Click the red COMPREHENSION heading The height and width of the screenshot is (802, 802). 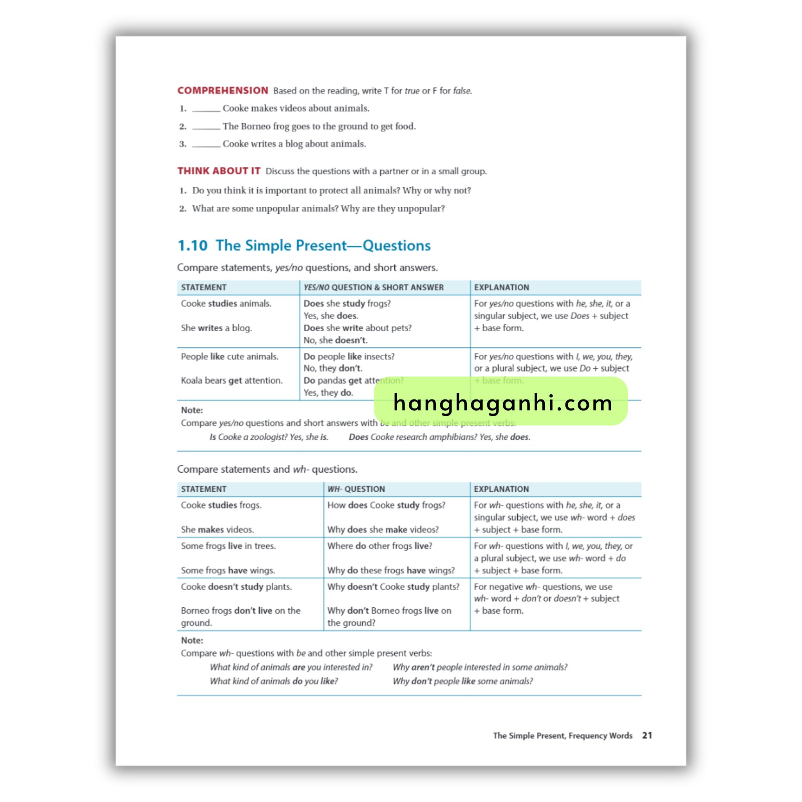[x=222, y=90]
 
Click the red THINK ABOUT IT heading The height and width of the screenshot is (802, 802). [x=219, y=171]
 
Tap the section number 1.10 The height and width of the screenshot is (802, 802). [x=192, y=245]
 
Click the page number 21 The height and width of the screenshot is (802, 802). [x=647, y=735]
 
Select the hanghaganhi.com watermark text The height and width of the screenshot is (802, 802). [x=502, y=403]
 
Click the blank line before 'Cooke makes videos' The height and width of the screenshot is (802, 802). [x=206, y=109]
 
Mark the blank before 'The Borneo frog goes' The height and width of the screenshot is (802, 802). [x=206, y=126]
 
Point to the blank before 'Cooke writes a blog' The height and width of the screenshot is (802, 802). [x=206, y=145]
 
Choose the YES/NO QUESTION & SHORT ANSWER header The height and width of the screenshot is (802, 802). [x=373, y=287]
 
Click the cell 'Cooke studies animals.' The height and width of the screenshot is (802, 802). [x=226, y=303]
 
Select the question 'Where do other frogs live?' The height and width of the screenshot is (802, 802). [x=379, y=546]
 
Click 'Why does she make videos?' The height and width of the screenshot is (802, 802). [x=383, y=529]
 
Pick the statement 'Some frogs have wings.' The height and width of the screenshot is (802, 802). [x=228, y=570]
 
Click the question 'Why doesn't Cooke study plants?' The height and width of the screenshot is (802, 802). [x=393, y=587]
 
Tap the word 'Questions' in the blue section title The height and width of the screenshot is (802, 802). [x=396, y=245]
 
